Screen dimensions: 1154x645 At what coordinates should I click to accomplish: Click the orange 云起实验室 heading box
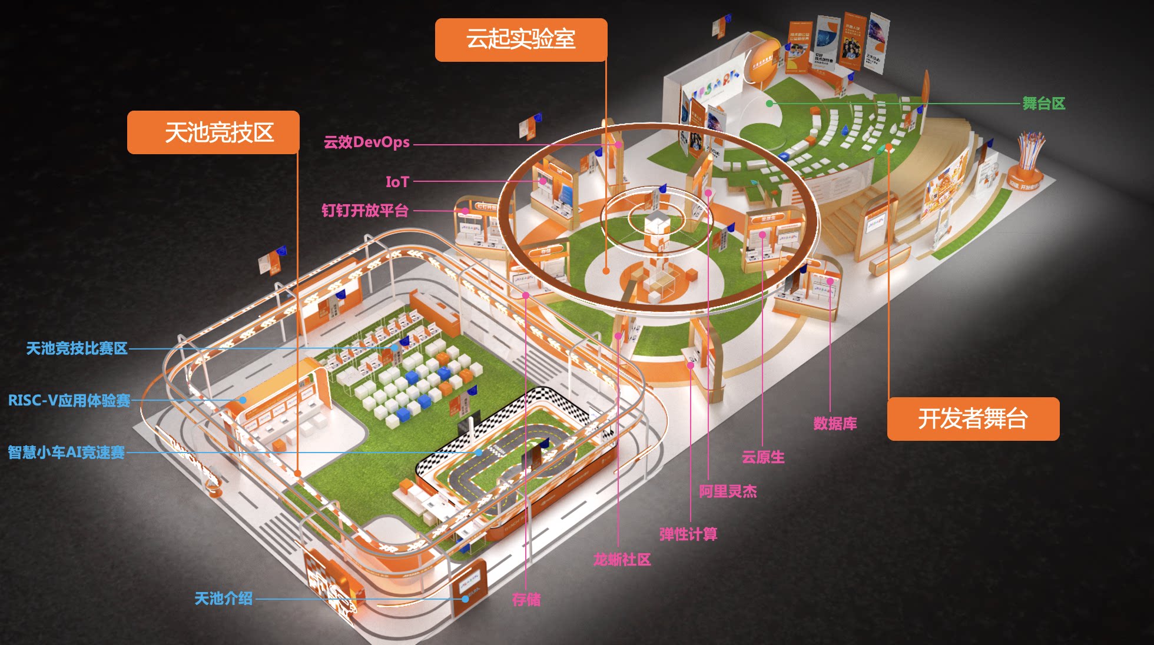click(x=521, y=39)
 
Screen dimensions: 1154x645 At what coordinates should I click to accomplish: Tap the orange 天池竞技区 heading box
click(x=213, y=132)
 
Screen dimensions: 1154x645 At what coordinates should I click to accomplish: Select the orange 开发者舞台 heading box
click(x=973, y=419)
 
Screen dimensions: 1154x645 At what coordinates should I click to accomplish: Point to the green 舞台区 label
click(x=1043, y=104)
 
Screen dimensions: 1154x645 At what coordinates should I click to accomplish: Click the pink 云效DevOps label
click(x=366, y=142)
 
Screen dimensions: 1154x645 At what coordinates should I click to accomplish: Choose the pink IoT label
click(x=397, y=182)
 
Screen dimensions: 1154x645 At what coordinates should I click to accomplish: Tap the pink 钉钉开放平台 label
click(x=364, y=211)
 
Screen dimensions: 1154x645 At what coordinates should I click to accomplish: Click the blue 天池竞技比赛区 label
click(x=77, y=348)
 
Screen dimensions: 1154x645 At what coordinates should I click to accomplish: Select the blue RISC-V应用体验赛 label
click(x=69, y=401)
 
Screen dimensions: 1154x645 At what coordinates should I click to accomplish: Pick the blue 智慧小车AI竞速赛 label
click(x=66, y=453)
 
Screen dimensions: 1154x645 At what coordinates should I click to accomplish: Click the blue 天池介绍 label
click(x=223, y=599)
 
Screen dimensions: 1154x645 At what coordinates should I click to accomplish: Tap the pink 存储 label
click(x=526, y=600)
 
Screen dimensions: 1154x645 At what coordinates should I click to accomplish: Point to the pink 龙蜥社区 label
click(x=622, y=560)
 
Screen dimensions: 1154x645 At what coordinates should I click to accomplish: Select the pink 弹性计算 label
click(x=688, y=534)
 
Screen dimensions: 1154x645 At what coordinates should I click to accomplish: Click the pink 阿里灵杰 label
click(x=728, y=491)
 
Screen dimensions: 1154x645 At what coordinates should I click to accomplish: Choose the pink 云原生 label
click(x=763, y=457)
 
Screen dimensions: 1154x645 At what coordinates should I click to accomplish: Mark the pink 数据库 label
click(x=835, y=423)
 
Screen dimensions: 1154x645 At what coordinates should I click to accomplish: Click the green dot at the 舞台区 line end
click(x=770, y=104)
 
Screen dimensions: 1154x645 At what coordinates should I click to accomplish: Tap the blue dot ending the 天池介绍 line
click(x=465, y=599)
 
